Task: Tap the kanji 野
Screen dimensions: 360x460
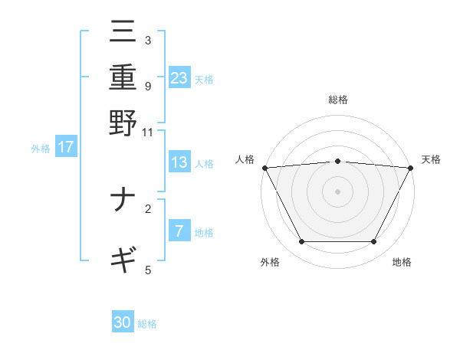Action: (123, 122)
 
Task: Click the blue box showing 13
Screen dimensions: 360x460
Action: (179, 162)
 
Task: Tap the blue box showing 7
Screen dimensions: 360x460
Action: (179, 231)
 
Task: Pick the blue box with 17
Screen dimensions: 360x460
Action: (66, 147)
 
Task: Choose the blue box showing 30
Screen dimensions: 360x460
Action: (123, 322)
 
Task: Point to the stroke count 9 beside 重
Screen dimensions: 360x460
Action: (147, 86)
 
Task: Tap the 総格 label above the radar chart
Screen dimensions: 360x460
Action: (338, 100)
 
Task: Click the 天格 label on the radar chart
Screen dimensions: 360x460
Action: (431, 159)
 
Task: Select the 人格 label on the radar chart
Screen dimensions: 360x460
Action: (245, 159)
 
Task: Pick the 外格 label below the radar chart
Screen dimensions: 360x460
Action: (270, 262)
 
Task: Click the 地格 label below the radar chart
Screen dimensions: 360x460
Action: (402, 262)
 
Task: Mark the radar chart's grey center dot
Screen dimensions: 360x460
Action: (338, 191)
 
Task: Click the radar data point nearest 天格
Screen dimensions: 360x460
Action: (411, 168)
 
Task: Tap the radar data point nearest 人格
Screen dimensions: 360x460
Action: (264, 168)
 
